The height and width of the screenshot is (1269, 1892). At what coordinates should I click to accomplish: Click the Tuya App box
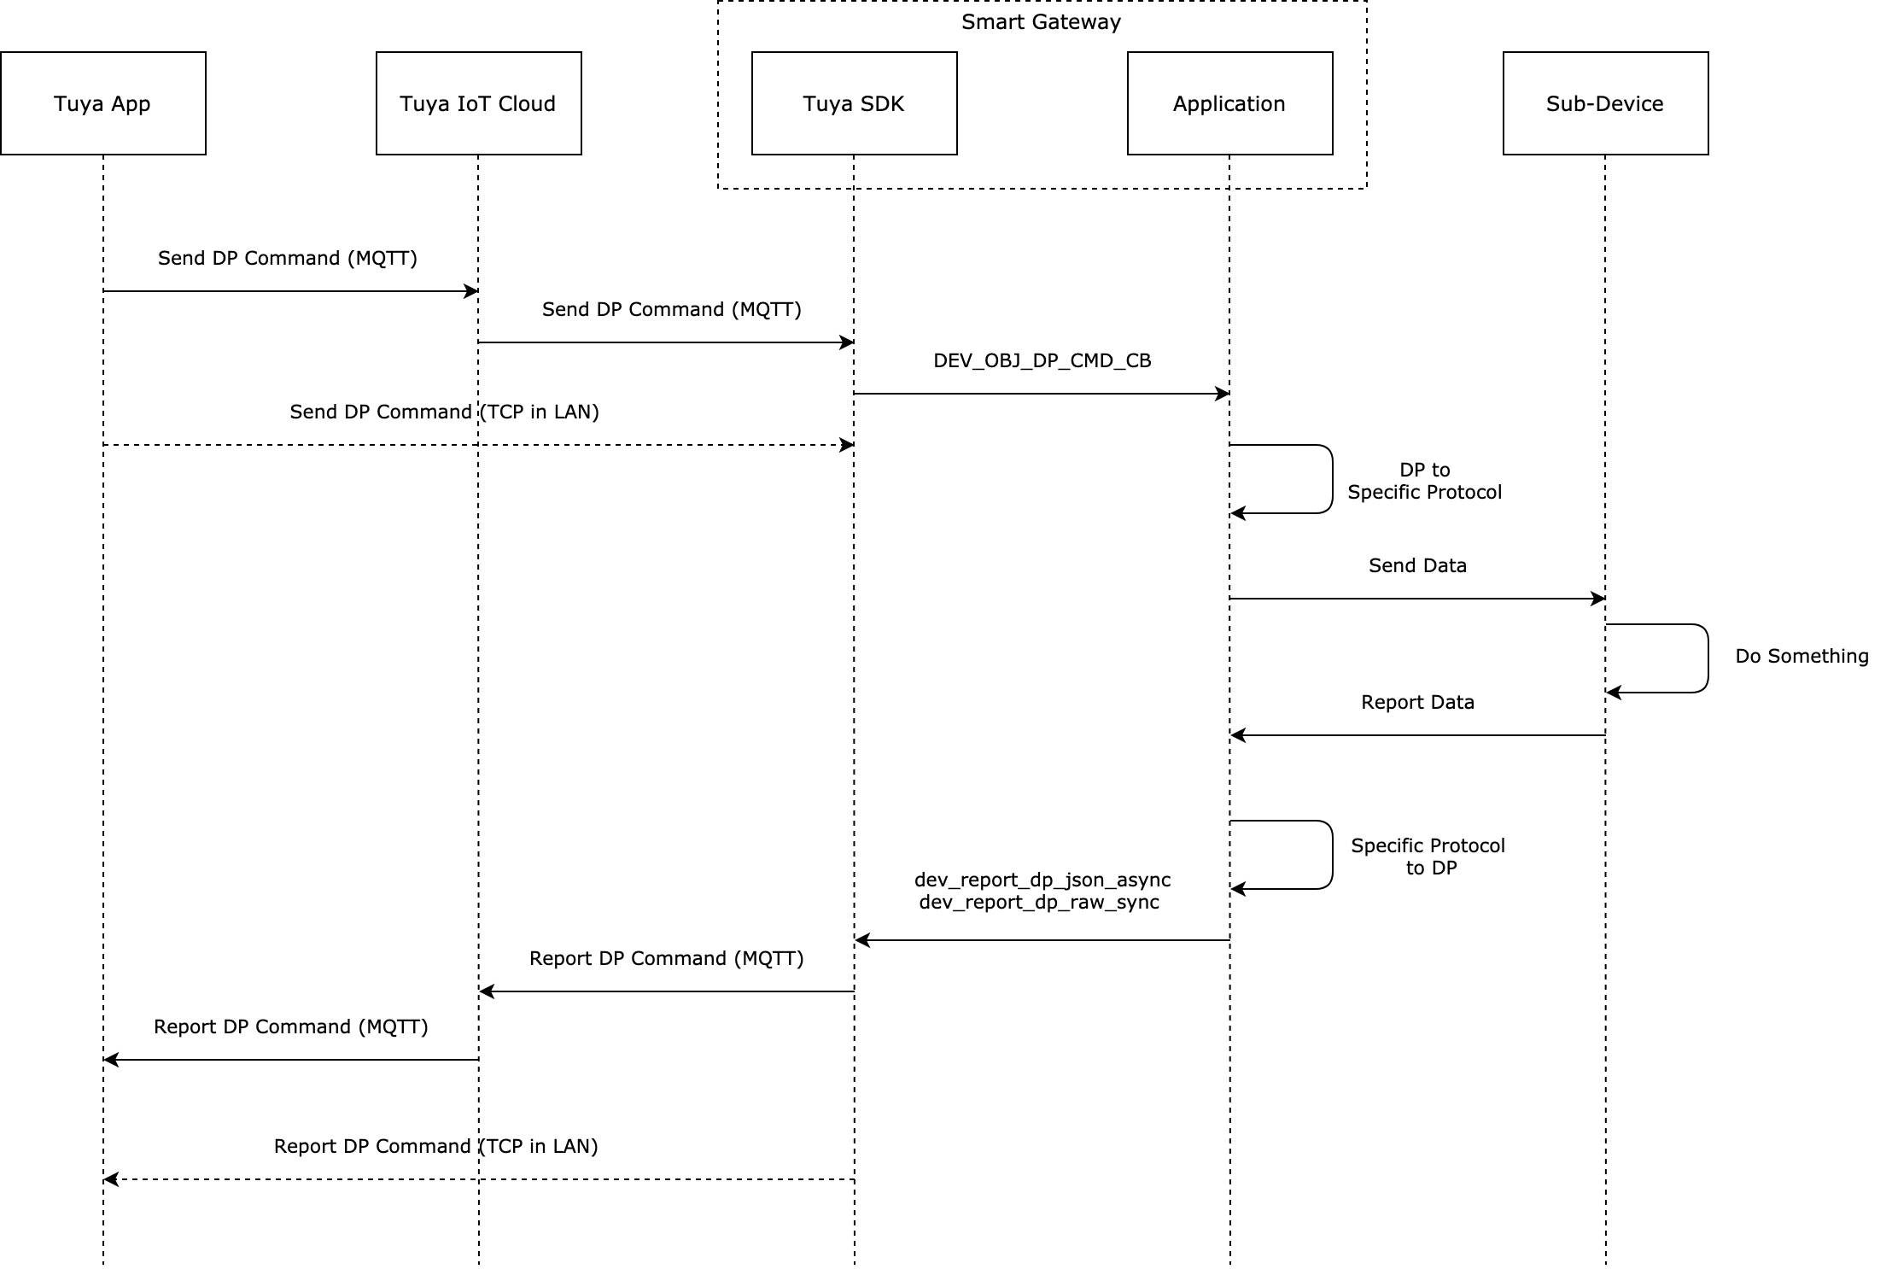pyautogui.click(x=102, y=103)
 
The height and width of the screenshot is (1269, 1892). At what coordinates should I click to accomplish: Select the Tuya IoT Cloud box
pyautogui.click(x=478, y=103)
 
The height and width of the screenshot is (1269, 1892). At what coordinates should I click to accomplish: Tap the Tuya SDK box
pyautogui.click(x=854, y=103)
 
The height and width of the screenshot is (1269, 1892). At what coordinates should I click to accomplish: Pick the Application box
pyautogui.click(x=1229, y=103)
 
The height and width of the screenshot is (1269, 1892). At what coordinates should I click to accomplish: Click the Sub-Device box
pyautogui.click(x=1605, y=103)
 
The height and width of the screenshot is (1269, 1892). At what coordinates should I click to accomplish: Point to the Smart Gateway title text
pyautogui.click(x=1041, y=22)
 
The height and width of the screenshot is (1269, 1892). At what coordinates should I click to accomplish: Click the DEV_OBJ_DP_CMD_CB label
pyautogui.click(x=1042, y=360)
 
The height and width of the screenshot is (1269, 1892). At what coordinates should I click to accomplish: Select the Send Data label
pyautogui.click(x=1417, y=565)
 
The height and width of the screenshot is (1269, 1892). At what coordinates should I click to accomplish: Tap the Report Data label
pyautogui.click(x=1417, y=702)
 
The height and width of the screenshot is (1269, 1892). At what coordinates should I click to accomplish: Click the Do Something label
pyautogui.click(x=1801, y=656)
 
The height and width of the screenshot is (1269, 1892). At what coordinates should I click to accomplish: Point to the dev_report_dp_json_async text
pyautogui.click(x=1042, y=880)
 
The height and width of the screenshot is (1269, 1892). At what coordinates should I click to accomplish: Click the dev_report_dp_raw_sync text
pyautogui.click(x=1039, y=902)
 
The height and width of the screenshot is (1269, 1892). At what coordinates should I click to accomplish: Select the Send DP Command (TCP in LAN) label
pyautogui.click(x=444, y=412)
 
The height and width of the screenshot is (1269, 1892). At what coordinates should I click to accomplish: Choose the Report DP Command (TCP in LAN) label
pyautogui.click(x=435, y=1146)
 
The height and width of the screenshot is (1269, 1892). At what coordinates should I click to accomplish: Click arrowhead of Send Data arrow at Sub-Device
pyautogui.click(x=1599, y=599)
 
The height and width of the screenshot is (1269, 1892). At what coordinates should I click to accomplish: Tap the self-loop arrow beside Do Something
pyautogui.click(x=1708, y=658)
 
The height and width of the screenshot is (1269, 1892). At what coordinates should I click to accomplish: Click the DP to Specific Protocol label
pyautogui.click(x=1424, y=481)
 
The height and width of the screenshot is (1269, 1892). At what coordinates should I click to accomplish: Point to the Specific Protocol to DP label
pyautogui.click(x=1428, y=857)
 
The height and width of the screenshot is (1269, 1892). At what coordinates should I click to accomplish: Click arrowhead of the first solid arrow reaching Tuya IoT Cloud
pyautogui.click(x=471, y=291)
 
